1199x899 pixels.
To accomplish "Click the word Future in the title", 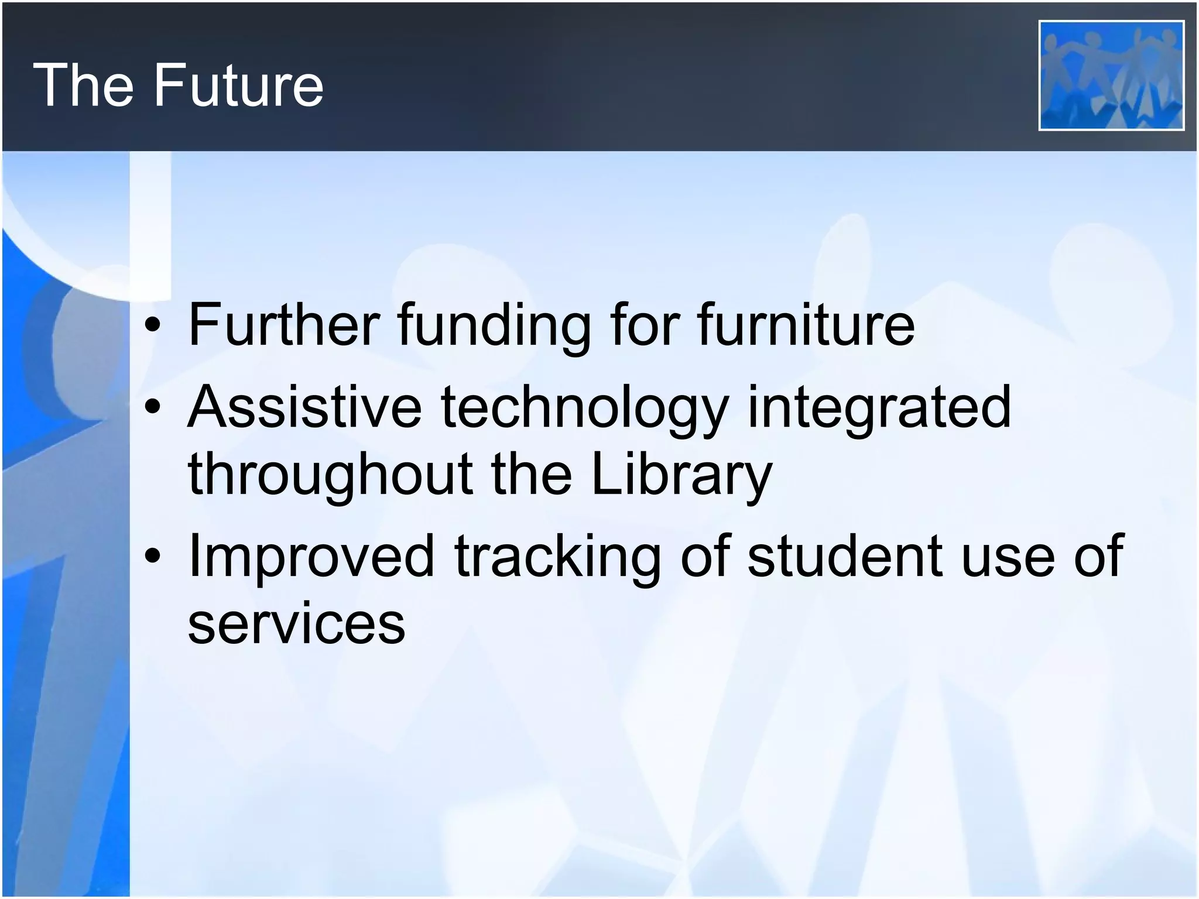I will point(238,85).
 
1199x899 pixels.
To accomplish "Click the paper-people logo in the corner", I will point(1111,76).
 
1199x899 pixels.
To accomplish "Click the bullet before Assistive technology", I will point(153,407).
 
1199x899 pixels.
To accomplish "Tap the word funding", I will point(494,325).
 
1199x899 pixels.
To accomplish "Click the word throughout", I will point(330,475).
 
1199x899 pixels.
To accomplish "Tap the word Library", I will point(681,475).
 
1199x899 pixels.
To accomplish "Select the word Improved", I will point(311,557).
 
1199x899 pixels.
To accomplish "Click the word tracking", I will point(557,557).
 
